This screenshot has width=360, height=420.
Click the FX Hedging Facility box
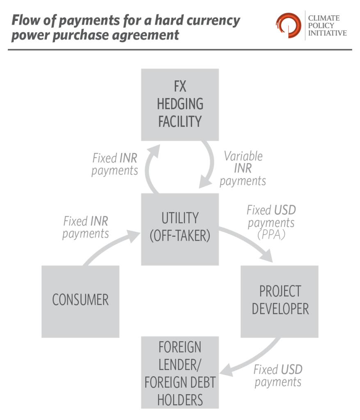[180, 105]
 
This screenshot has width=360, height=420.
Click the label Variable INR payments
[243, 168]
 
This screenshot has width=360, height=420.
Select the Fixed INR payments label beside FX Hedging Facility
[115, 164]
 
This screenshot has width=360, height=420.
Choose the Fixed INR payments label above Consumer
[86, 227]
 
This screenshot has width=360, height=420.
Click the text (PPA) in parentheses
[271, 235]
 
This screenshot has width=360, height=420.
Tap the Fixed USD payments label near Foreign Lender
[278, 375]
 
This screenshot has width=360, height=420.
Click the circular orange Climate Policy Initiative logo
[288, 25]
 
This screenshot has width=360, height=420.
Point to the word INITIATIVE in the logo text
[327, 33]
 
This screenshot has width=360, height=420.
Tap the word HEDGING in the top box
[180, 104]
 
